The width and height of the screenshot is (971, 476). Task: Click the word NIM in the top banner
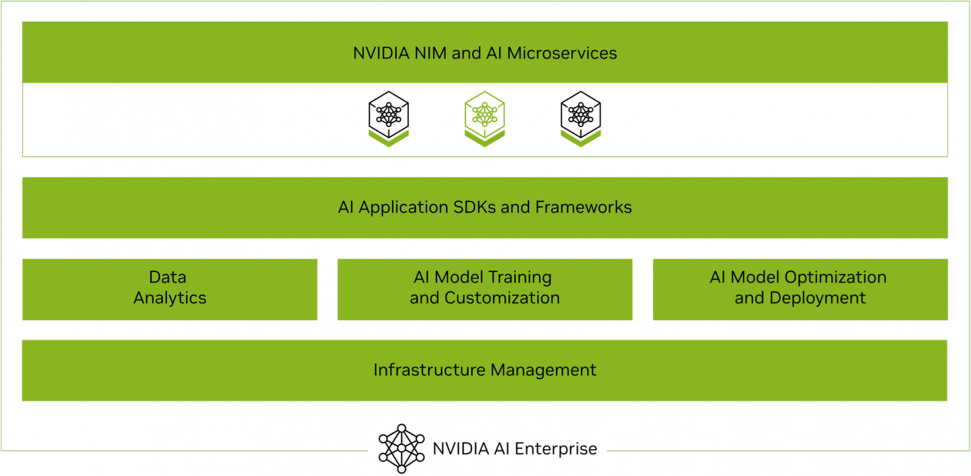(431, 53)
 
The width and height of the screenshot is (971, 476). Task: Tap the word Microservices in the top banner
(562, 53)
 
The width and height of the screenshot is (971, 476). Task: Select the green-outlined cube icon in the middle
(485, 118)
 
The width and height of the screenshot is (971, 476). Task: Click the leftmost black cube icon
(389, 118)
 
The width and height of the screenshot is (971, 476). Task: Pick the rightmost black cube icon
(581, 118)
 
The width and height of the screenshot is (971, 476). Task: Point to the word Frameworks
(583, 208)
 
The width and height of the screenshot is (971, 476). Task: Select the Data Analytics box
(170, 289)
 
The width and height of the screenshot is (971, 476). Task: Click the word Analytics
(170, 298)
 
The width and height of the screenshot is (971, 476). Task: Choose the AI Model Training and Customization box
(485, 289)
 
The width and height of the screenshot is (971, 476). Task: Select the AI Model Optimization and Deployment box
(800, 289)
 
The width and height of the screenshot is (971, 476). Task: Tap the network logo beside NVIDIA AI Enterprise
(401, 449)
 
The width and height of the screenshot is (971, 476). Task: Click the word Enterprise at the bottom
(555, 449)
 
